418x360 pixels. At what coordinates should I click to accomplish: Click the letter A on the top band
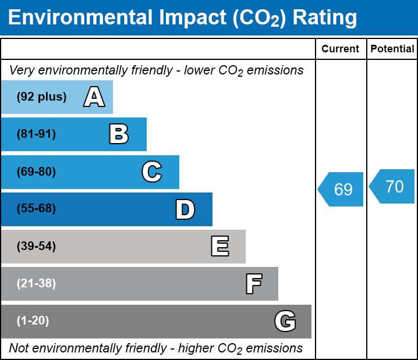(94, 97)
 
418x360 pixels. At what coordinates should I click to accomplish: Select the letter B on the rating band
(119, 134)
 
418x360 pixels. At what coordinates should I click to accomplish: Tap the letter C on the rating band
(151, 172)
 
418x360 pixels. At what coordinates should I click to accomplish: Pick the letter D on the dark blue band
(185, 209)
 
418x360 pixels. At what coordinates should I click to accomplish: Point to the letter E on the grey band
(219, 247)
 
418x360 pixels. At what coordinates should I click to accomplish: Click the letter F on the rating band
(253, 284)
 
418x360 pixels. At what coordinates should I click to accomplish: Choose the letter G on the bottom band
(285, 321)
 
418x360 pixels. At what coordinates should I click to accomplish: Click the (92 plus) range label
(41, 97)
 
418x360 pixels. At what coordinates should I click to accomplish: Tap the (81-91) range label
(36, 134)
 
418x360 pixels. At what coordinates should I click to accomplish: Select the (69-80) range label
(36, 172)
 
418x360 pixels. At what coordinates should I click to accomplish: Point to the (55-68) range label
(36, 209)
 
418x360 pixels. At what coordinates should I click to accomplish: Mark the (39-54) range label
(36, 247)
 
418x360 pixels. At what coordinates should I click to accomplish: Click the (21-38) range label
(36, 284)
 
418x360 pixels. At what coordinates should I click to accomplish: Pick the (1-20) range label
(33, 321)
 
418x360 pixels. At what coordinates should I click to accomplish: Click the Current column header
(341, 49)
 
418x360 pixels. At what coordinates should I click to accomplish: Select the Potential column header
(392, 49)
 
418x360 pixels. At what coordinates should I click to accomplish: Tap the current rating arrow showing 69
(342, 189)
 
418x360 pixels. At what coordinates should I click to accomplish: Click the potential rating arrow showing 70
(393, 187)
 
